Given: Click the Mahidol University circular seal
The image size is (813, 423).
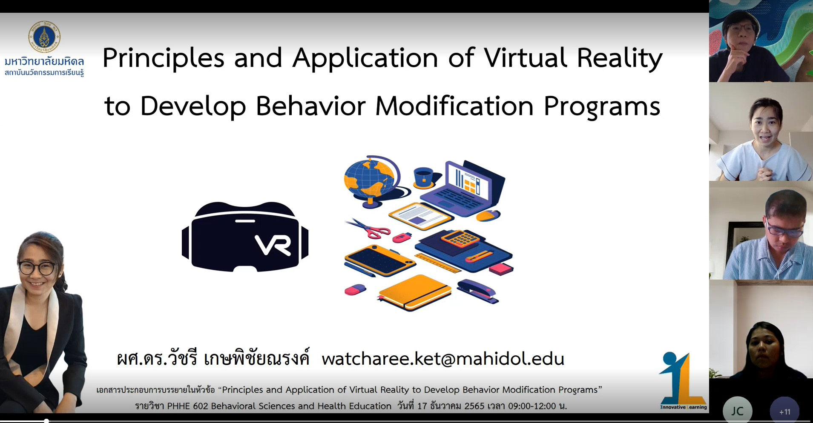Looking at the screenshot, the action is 44,37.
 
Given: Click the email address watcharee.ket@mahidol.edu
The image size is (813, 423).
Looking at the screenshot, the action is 443,359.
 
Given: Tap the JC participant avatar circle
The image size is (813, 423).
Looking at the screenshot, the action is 737,410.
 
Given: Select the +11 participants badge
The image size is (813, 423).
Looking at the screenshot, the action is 784,411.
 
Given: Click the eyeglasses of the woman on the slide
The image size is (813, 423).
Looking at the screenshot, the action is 37,268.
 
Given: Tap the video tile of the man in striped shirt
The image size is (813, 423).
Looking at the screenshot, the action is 761,230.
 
